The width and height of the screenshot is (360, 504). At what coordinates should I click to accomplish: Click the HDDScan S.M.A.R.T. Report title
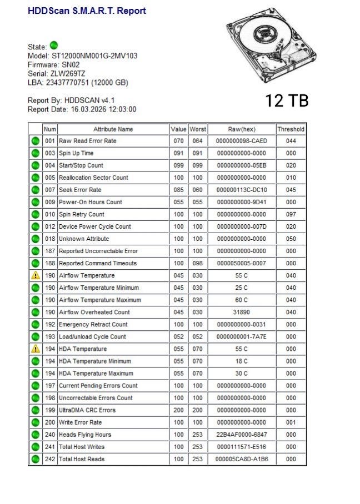click(87, 11)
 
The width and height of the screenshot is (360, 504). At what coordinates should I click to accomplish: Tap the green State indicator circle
click(54, 46)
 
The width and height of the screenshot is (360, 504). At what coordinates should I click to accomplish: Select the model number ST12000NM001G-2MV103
click(94, 56)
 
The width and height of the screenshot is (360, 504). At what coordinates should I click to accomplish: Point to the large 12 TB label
click(286, 100)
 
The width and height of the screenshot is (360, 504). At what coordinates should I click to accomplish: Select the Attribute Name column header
click(113, 129)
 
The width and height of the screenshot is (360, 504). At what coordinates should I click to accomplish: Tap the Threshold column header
click(291, 129)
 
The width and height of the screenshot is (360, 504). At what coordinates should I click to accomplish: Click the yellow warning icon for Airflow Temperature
click(35, 275)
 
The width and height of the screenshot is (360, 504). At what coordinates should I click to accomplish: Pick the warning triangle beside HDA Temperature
click(35, 349)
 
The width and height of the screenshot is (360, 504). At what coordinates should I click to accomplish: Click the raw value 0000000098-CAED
click(241, 141)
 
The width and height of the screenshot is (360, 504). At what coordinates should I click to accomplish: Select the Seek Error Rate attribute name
click(80, 190)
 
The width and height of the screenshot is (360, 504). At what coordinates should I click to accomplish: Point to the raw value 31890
click(241, 312)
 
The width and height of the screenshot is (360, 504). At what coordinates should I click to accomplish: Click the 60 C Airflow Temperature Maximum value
click(241, 300)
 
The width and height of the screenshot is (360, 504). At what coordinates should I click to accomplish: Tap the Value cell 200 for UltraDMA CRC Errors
click(178, 410)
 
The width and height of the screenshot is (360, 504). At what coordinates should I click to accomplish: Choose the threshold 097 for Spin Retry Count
click(291, 214)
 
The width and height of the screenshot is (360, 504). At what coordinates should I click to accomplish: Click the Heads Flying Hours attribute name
click(84, 435)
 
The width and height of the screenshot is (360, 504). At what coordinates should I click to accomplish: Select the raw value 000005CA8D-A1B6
click(241, 459)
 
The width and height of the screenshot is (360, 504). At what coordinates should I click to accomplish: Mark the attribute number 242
click(50, 459)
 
